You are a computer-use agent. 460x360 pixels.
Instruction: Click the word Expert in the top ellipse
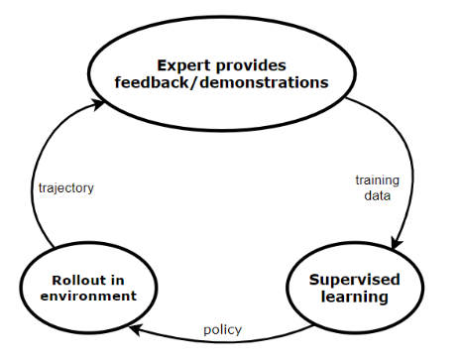point(183,66)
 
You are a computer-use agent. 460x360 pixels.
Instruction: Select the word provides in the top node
point(251,66)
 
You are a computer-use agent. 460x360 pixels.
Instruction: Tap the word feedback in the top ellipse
point(152,82)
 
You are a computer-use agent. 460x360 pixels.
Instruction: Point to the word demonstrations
point(265,82)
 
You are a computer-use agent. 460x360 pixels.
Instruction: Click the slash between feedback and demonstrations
point(194,82)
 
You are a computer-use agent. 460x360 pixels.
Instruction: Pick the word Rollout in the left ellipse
point(78,281)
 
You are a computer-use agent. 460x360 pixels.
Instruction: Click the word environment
point(88,296)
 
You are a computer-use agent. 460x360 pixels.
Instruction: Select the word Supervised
point(355,281)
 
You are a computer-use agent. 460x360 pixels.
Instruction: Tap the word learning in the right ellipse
point(355,297)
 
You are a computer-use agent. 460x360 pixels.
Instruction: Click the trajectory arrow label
point(66,188)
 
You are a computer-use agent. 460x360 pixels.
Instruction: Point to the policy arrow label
point(223,329)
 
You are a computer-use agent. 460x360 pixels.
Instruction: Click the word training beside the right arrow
point(378,180)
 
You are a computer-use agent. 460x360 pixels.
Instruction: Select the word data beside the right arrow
point(378,195)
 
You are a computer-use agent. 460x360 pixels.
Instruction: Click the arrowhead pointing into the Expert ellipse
point(98,104)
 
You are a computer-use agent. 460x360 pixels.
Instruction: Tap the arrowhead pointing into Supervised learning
point(397,243)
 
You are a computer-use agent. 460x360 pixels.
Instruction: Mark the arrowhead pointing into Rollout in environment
point(135,330)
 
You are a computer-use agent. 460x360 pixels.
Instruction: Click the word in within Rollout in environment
point(118,281)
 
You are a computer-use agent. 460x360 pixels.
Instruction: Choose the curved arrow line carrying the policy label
point(221,340)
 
